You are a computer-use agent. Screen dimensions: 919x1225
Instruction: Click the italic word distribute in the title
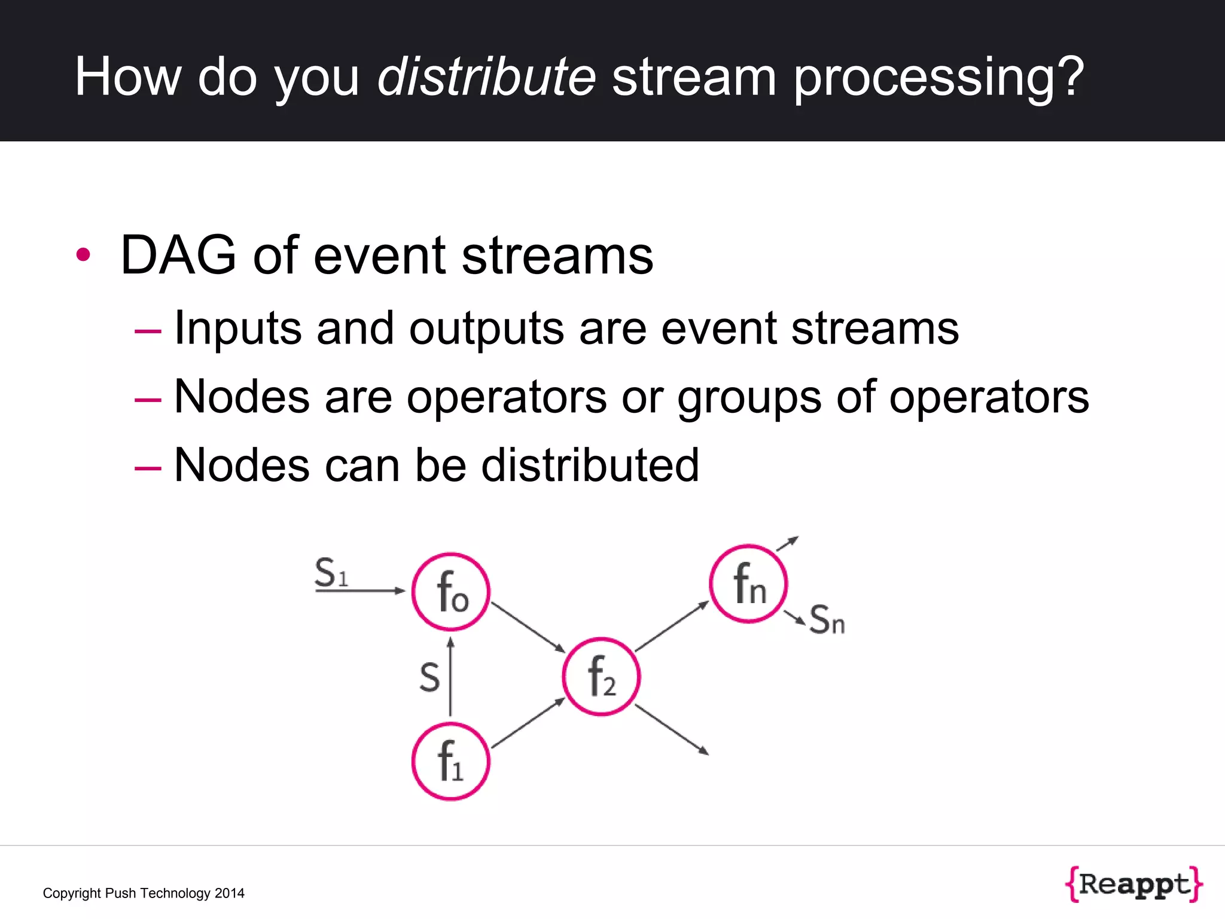(x=486, y=77)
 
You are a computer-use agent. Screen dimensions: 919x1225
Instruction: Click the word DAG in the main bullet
(x=178, y=255)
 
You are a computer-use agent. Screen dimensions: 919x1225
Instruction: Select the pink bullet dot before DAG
(x=83, y=255)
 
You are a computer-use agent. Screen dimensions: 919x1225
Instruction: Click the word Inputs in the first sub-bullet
(x=237, y=329)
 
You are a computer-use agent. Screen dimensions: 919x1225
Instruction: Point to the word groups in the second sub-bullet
(x=749, y=398)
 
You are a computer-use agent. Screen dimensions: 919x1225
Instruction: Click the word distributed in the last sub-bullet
(x=590, y=465)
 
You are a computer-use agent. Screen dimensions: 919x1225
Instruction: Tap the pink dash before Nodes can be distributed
(x=148, y=467)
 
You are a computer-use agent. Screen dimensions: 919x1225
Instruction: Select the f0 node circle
(x=450, y=592)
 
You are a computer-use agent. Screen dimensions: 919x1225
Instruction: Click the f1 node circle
(x=450, y=761)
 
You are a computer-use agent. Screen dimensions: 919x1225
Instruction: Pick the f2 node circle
(x=601, y=676)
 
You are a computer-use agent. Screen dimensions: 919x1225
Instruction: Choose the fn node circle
(x=748, y=584)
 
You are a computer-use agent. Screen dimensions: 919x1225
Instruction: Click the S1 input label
(x=331, y=573)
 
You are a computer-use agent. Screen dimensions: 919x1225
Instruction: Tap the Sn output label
(x=827, y=620)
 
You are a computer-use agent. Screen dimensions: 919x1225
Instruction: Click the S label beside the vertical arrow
(x=429, y=678)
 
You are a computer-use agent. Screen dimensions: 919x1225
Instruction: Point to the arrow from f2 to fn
(x=672, y=626)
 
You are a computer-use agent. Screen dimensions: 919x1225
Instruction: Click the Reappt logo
(x=1133, y=884)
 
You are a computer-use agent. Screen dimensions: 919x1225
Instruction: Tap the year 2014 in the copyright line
(x=229, y=893)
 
